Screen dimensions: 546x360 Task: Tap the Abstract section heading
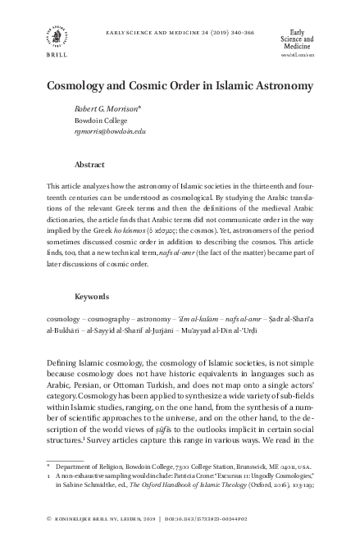click(x=89, y=164)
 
